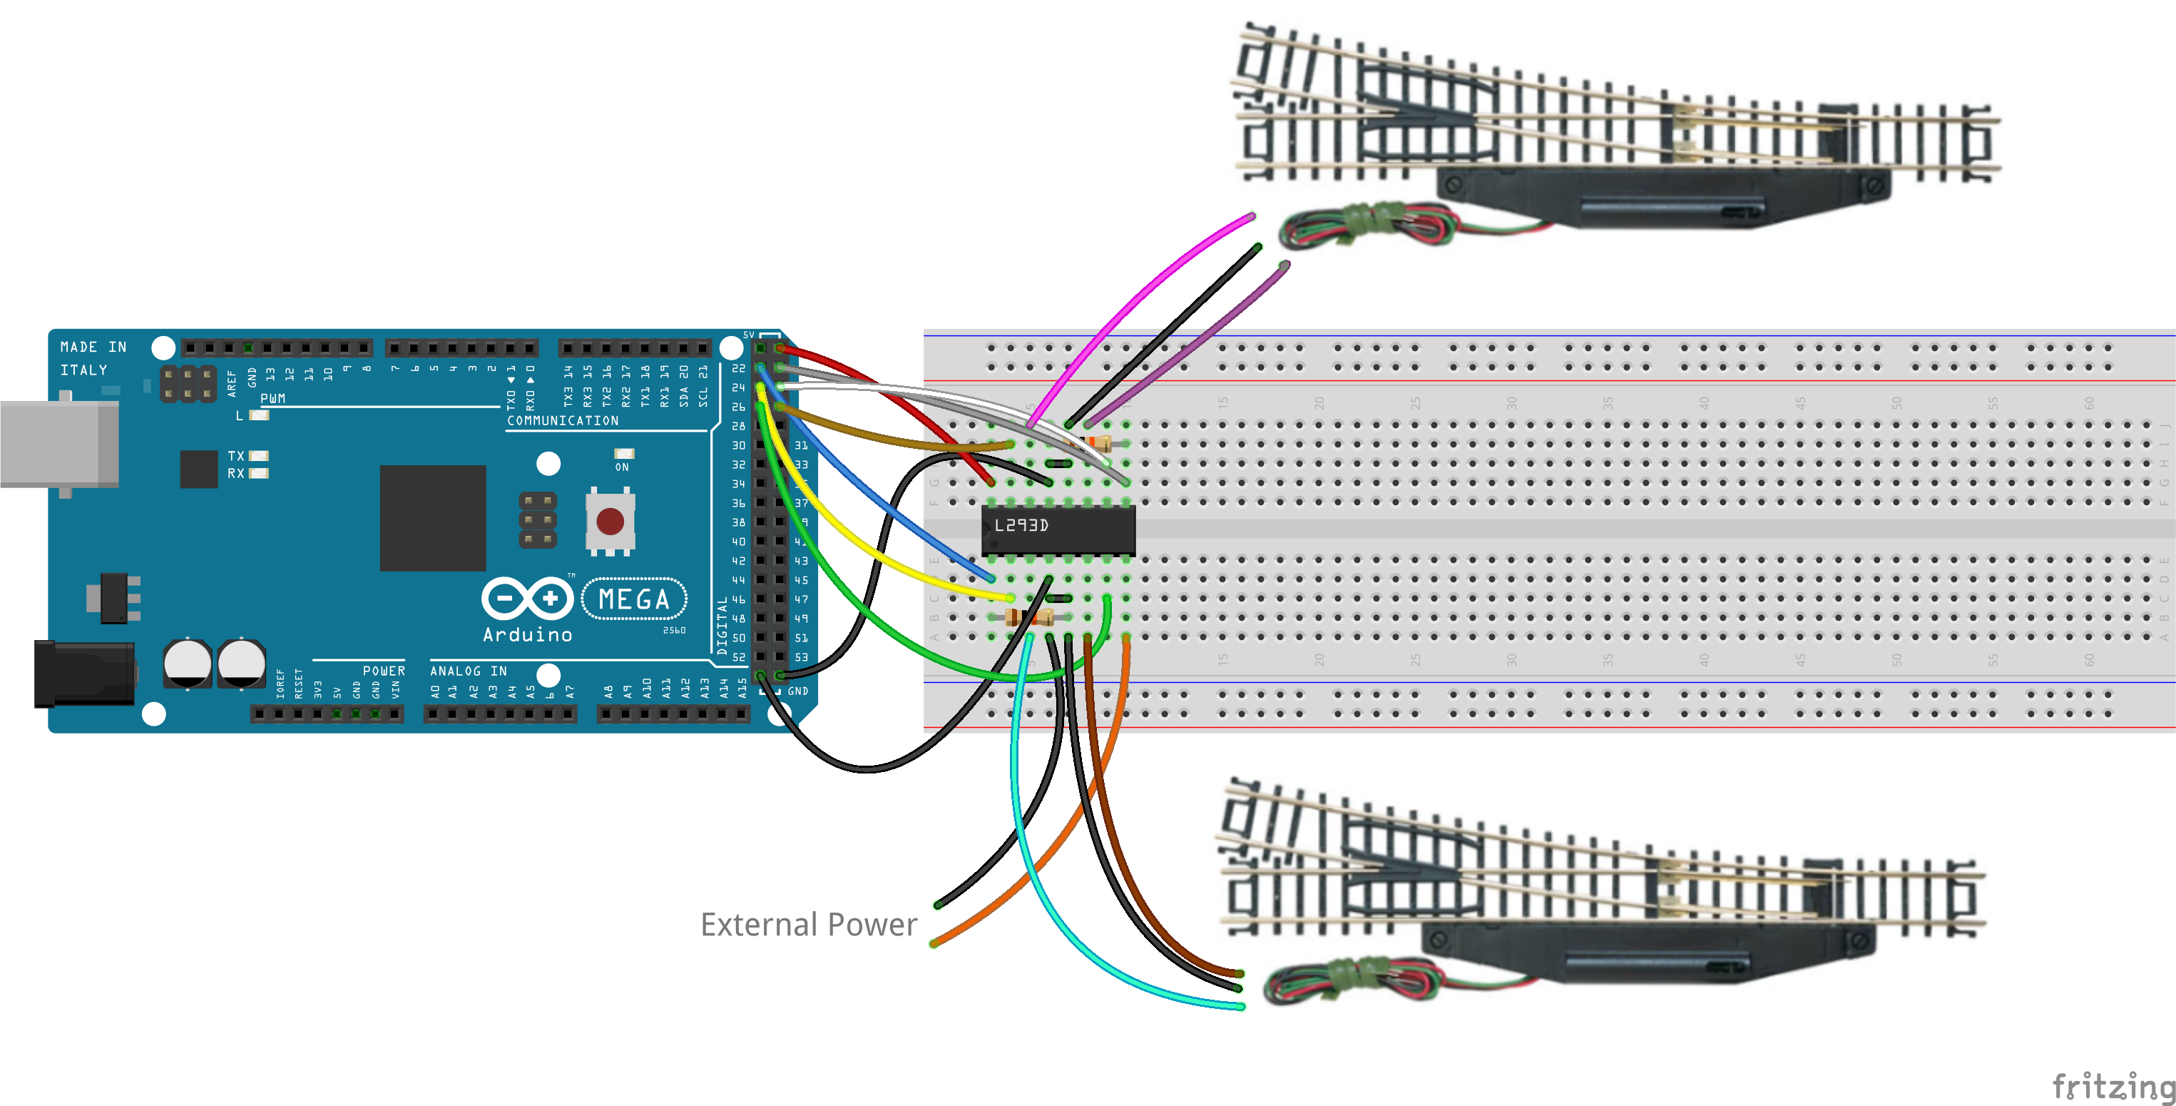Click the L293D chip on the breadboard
(1058, 529)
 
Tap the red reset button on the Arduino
(610, 522)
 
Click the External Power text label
(807, 924)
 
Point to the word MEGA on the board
(633, 599)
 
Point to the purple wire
(1200, 338)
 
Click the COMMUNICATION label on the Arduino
(563, 421)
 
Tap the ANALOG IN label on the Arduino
(468, 671)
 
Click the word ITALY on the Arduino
(83, 370)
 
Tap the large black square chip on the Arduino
(432, 518)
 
